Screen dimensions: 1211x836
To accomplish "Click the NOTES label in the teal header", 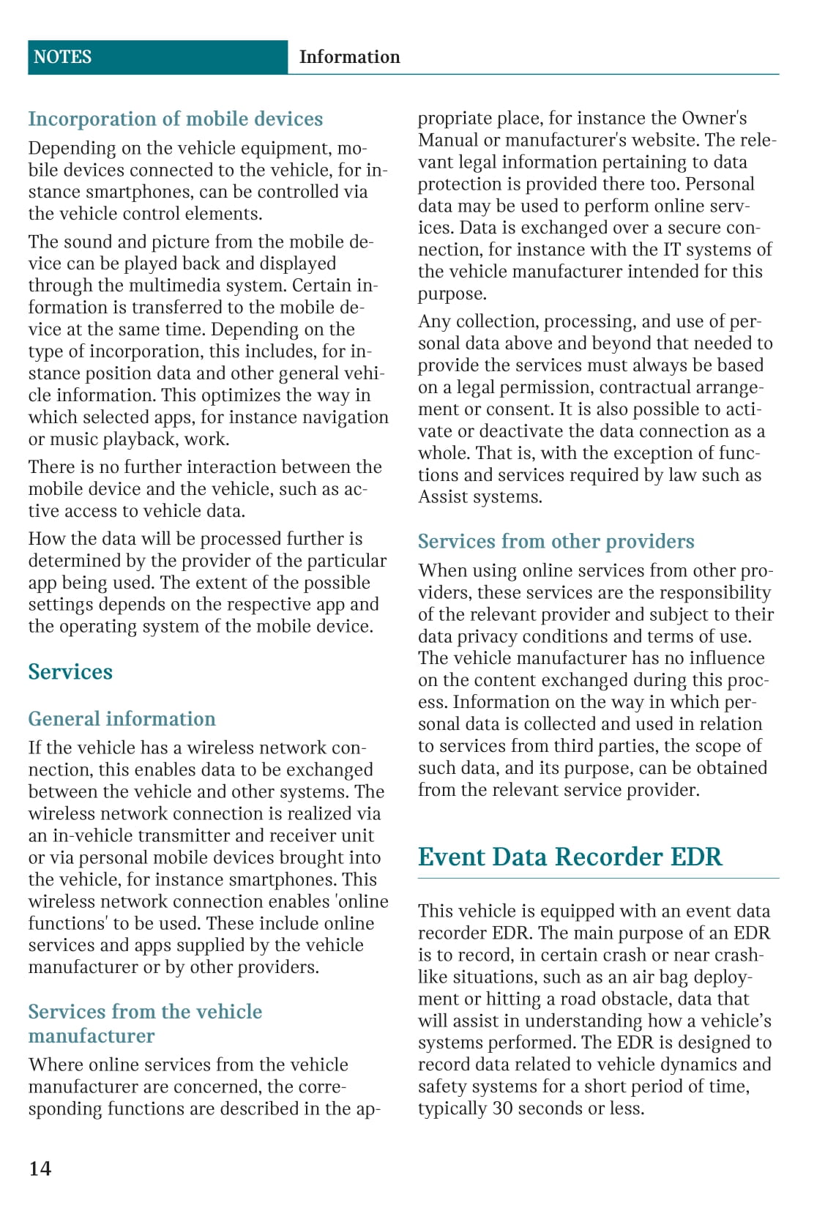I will click(63, 57).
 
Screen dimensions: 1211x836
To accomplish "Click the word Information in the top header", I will click(349, 57).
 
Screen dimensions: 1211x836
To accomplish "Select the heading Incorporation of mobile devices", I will click(175, 119).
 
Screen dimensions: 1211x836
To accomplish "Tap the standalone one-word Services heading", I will click(70, 672).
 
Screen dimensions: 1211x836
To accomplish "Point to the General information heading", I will click(122, 719).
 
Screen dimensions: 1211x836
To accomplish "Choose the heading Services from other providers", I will click(556, 542).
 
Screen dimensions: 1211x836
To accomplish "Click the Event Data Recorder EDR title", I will click(570, 857).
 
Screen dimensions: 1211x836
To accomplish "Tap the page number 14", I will click(40, 1168).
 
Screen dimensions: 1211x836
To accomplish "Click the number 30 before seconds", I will click(502, 1108).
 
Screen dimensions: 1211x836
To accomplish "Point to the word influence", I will click(723, 658).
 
